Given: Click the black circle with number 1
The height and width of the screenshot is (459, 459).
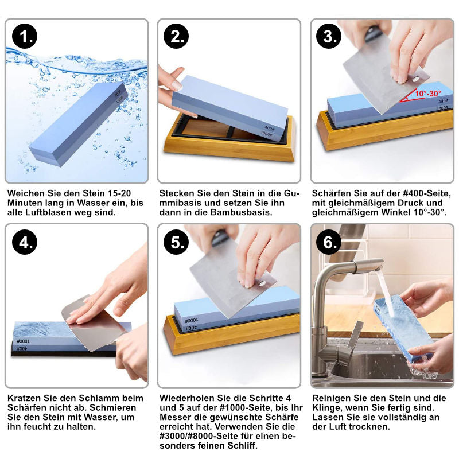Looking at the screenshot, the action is click(25, 36).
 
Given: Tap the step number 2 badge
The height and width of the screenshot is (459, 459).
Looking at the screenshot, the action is click(176, 36).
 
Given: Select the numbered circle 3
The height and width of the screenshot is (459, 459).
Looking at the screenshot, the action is click(329, 36).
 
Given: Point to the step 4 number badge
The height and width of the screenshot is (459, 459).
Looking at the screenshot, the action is click(25, 242).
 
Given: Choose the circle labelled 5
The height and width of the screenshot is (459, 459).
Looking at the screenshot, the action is click(176, 242).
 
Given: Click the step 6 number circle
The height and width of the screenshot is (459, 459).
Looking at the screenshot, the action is click(329, 242).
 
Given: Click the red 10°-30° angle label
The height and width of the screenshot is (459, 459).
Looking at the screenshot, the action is click(427, 94).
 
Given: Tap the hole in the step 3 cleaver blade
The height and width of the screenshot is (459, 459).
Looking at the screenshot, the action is click(415, 79).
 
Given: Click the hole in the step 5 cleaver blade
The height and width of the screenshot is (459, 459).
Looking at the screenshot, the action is click(263, 283).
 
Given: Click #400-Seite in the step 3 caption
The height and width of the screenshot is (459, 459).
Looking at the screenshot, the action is click(426, 193).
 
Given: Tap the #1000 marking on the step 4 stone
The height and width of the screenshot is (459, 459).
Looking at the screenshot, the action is click(24, 341).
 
